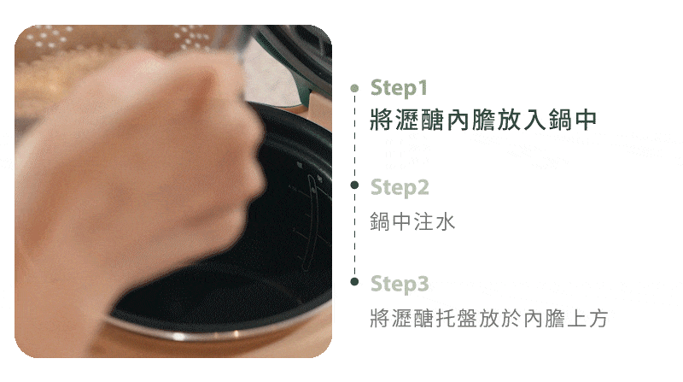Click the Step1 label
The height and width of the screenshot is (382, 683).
coord(399,88)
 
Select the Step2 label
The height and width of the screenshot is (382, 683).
coord(400,187)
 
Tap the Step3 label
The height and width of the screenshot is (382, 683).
coord(400,284)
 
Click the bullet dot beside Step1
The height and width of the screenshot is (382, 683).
coord(354,88)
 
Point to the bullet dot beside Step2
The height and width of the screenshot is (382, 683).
coord(354,185)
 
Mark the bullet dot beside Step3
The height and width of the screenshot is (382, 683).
coord(354,282)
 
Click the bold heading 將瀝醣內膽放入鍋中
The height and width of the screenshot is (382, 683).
coord(483,120)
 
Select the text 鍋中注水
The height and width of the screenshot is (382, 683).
coord(412,221)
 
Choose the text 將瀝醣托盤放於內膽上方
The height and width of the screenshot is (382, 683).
coord(488,318)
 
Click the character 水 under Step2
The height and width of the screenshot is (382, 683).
coord(445,221)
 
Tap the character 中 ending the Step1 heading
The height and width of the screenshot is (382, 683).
coord(586,120)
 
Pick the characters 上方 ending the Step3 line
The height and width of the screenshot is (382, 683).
coord(587,318)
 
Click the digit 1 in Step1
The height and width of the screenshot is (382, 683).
coord(423,87)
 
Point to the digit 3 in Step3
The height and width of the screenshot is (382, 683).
coord(423,284)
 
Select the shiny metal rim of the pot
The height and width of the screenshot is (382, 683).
coord(218,332)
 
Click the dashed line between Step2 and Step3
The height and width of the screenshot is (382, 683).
coord(354,233)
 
